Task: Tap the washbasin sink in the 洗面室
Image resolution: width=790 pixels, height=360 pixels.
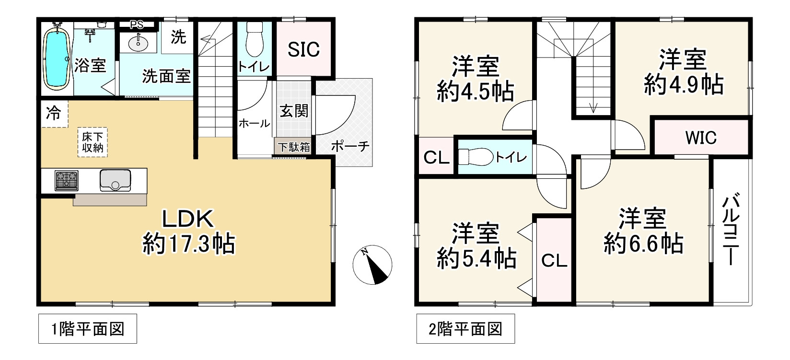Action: [x=139, y=43]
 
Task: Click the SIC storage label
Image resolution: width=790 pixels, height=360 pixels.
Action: [x=303, y=49]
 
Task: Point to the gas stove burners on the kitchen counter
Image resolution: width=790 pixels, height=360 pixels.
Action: [x=67, y=180]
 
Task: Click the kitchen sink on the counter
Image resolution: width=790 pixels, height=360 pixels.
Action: [x=115, y=180]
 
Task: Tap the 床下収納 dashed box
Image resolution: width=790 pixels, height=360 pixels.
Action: [x=93, y=142]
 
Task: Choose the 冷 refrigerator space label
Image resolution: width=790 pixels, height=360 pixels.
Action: [x=53, y=114]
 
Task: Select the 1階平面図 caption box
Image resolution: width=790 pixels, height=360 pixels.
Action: [x=88, y=329]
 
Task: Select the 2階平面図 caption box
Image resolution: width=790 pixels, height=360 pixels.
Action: [x=465, y=329]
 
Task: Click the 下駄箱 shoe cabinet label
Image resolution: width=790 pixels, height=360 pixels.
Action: [x=294, y=147]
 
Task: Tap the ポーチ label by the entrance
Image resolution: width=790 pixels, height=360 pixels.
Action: [x=350, y=146]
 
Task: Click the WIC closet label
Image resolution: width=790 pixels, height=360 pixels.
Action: [x=701, y=138]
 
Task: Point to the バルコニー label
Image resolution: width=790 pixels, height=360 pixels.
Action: [x=731, y=229]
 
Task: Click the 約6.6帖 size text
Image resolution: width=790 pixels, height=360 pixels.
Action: [x=643, y=244]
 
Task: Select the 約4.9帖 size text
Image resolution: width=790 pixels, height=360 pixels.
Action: [x=684, y=85]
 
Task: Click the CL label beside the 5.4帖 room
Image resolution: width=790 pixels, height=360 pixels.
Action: [x=554, y=260]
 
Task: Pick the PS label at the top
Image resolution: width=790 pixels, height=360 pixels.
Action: [x=137, y=24]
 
